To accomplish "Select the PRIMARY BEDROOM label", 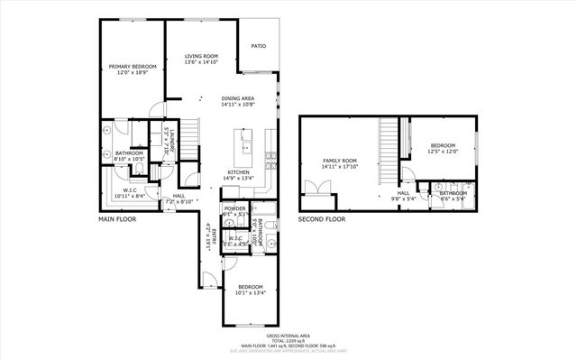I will [132, 67].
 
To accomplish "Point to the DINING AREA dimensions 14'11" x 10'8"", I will [238, 105].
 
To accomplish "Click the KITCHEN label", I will [238, 172].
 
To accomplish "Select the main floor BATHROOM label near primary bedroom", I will [129, 153].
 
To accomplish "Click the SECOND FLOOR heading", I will [323, 219].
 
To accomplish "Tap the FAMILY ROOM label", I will [340, 161].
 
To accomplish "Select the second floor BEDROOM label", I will [442, 146].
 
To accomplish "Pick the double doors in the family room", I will [318, 189].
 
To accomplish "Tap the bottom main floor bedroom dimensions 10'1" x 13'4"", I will [251, 292].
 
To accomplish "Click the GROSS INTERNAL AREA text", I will [288, 334].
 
